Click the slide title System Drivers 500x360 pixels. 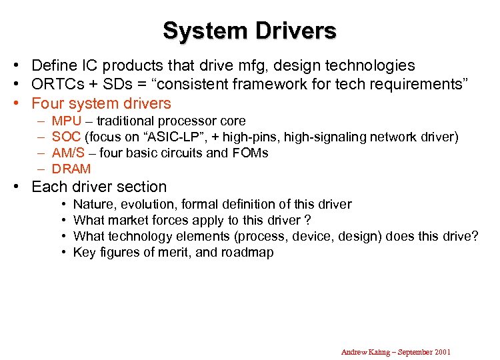coord(249,31)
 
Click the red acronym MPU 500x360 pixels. coord(66,121)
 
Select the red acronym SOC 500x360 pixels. coord(66,137)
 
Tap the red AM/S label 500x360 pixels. coord(68,153)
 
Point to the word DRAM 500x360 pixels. coord(71,169)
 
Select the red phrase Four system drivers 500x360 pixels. coord(101,104)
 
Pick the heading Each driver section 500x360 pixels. coord(99,187)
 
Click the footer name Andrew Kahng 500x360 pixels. coord(366,352)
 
